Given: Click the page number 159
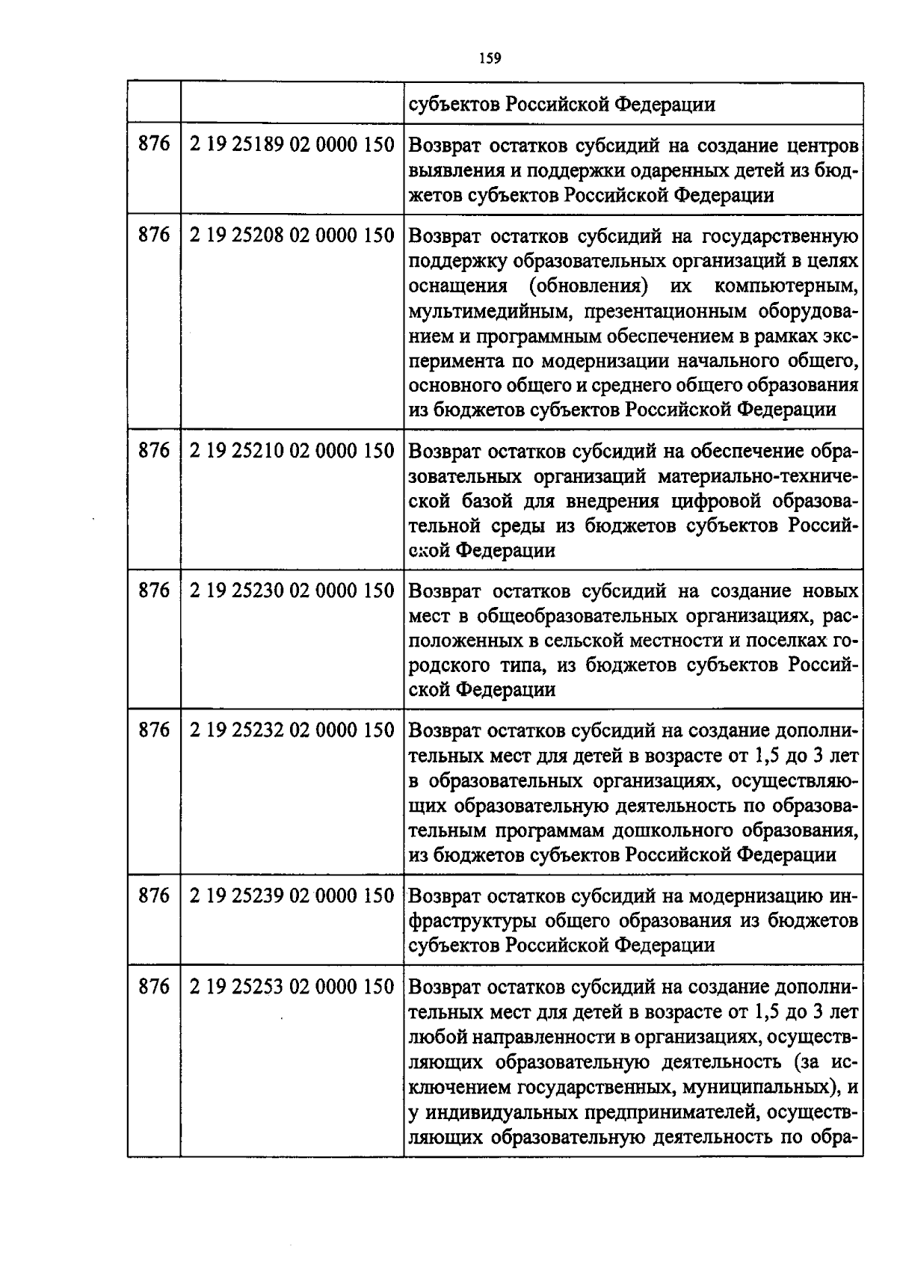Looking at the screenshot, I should pyautogui.click(x=490, y=58).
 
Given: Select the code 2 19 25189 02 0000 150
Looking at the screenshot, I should pyautogui.click(x=292, y=145).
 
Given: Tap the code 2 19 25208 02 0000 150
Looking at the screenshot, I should pyautogui.click(x=292, y=235).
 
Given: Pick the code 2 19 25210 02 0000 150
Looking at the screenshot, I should pyautogui.click(x=292, y=451).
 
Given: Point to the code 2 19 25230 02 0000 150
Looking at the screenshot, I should pyautogui.click(x=292, y=591).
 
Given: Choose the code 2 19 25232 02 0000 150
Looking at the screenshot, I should pyautogui.click(x=292, y=730).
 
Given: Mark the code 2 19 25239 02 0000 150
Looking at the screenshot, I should pyautogui.click(x=292, y=895).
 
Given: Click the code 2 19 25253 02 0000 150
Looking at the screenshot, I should pyautogui.click(x=292, y=987).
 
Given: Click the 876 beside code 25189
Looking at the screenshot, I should pyautogui.click(x=154, y=145).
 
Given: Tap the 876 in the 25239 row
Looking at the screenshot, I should pyautogui.click(x=154, y=895).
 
